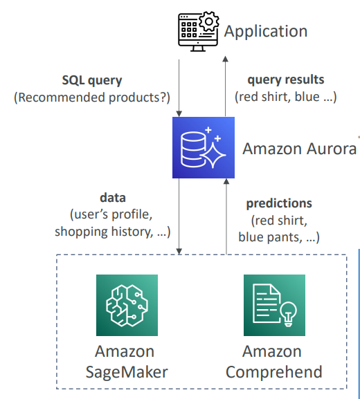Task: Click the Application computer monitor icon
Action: tap(198, 31)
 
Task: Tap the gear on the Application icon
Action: tap(209, 21)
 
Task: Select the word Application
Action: tap(266, 32)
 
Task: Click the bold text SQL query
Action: tap(92, 80)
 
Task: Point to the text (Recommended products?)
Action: tap(91, 98)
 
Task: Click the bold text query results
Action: tap(286, 80)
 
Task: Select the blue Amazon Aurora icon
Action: tap(204, 147)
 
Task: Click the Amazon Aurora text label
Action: tap(299, 149)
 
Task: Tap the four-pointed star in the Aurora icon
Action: tap(213, 155)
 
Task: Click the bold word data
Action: tap(113, 198)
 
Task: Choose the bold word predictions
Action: tap(279, 203)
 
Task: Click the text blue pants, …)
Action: tap(279, 237)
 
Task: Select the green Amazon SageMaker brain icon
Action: tap(127, 305)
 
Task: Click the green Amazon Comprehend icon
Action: tap(274, 305)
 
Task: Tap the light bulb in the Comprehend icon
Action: tap(288, 314)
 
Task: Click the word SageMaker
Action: tap(127, 372)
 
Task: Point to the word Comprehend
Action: tap(274, 372)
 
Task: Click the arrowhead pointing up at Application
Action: tap(225, 59)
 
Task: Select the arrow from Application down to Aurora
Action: tap(179, 89)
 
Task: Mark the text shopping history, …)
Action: tap(113, 232)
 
